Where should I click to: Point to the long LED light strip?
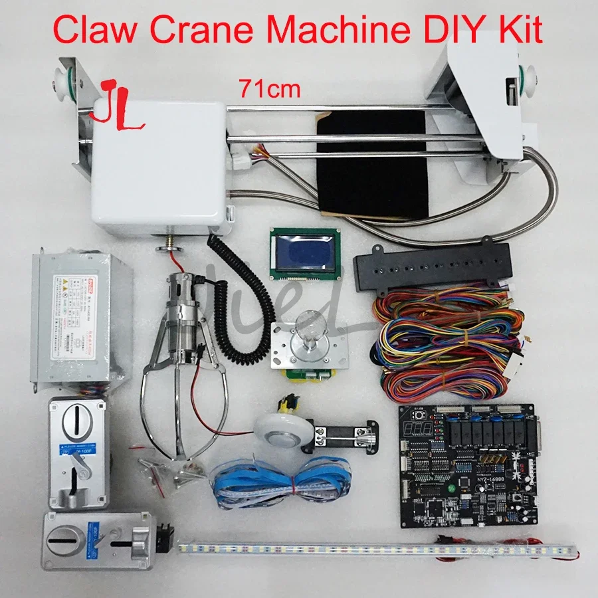click(x=372, y=548)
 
